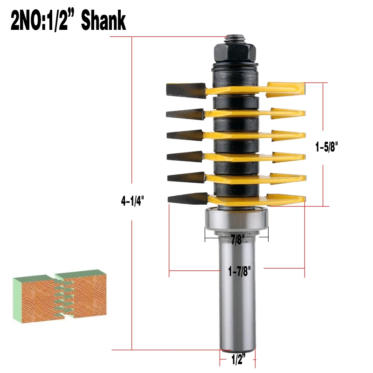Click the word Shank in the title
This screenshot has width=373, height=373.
pos(103,21)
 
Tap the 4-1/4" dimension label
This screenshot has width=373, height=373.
pos(133,201)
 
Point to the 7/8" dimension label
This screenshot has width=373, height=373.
pos(237,241)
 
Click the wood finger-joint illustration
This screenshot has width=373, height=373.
pos(59,294)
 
